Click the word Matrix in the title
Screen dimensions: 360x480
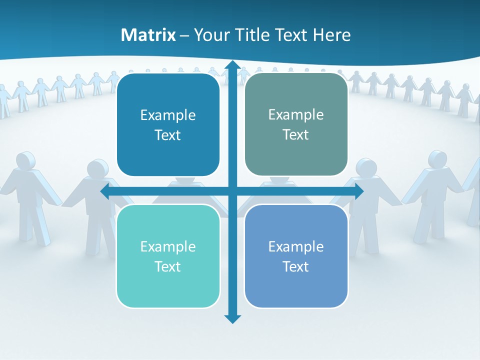pyautogui.click(x=148, y=35)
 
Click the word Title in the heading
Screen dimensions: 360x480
pyautogui.click(x=248, y=35)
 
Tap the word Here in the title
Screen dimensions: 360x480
pyautogui.click(x=331, y=35)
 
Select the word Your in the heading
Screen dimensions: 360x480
pyautogui.click(x=212, y=35)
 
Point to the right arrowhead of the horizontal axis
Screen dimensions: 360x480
pyautogui.click(x=358, y=191)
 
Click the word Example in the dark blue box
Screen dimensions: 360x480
pyautogui.click(x=168, y=115)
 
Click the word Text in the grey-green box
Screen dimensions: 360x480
pyautogui.click(x=296, y=135)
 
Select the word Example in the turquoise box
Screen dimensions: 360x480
pyautogui.click(x=168, y=246)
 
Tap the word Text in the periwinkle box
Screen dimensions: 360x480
pyautogui.click(x=296, y=266)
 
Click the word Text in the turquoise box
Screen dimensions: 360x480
pyautogui.click(x=168, y=266)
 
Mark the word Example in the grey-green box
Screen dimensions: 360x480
pyautogui.click(x=296, y=114)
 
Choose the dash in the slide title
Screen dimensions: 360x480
pyautogui.click(x=184, y=35)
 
